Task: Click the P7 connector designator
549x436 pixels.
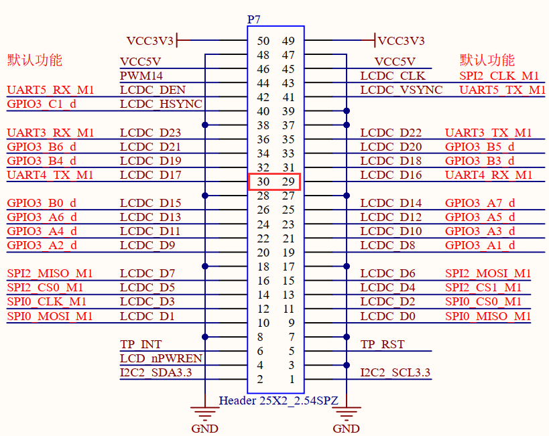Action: pos(254,19)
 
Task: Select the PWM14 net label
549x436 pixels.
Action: pos(141,76)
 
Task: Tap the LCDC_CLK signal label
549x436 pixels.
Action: pos(393,76)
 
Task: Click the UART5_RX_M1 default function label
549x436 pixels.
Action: pos(50,90)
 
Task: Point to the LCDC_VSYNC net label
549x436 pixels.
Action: pos(401,90)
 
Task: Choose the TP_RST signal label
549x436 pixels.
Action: pos(383,345)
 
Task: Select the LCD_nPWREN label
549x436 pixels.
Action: pos(161,358)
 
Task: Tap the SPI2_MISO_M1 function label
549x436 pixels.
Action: pos(50,273)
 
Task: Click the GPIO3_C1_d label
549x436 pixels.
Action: pos(42,104)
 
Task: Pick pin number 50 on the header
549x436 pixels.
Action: pos(263,42)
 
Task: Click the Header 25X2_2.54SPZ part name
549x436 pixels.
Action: pos(278,401)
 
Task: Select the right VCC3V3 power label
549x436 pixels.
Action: pos(401,41)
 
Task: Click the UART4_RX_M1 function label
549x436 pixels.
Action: pos(489,175)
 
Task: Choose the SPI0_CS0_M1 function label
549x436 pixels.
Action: pos(488,301)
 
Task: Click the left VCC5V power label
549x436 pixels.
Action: pos(140,62)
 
